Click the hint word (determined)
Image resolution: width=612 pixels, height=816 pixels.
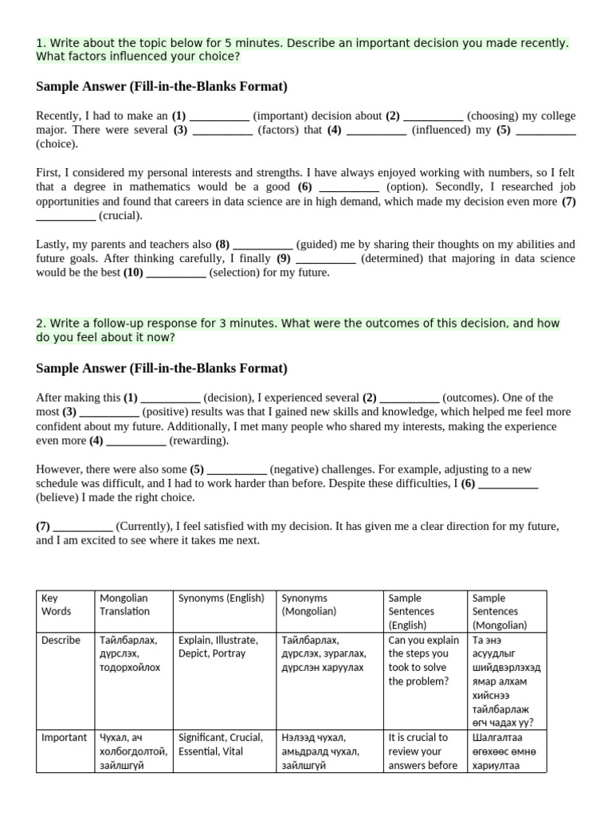[394, 259]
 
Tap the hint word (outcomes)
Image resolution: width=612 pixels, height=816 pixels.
[473, 398]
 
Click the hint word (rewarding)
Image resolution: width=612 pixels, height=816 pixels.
[198, 441]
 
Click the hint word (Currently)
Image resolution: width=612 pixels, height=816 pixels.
[143, 527]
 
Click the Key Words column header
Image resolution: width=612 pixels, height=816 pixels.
[56, 605]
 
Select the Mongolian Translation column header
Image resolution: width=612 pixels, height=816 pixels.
[124, 605]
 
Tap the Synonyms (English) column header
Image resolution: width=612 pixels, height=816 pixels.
[221, 598]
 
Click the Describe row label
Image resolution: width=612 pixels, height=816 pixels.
[61, 640]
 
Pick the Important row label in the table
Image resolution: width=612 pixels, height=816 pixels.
[64, 737]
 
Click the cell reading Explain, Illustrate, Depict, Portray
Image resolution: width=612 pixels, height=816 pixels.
[218, 646]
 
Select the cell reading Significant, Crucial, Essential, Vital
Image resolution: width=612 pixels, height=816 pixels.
[220, 744]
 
